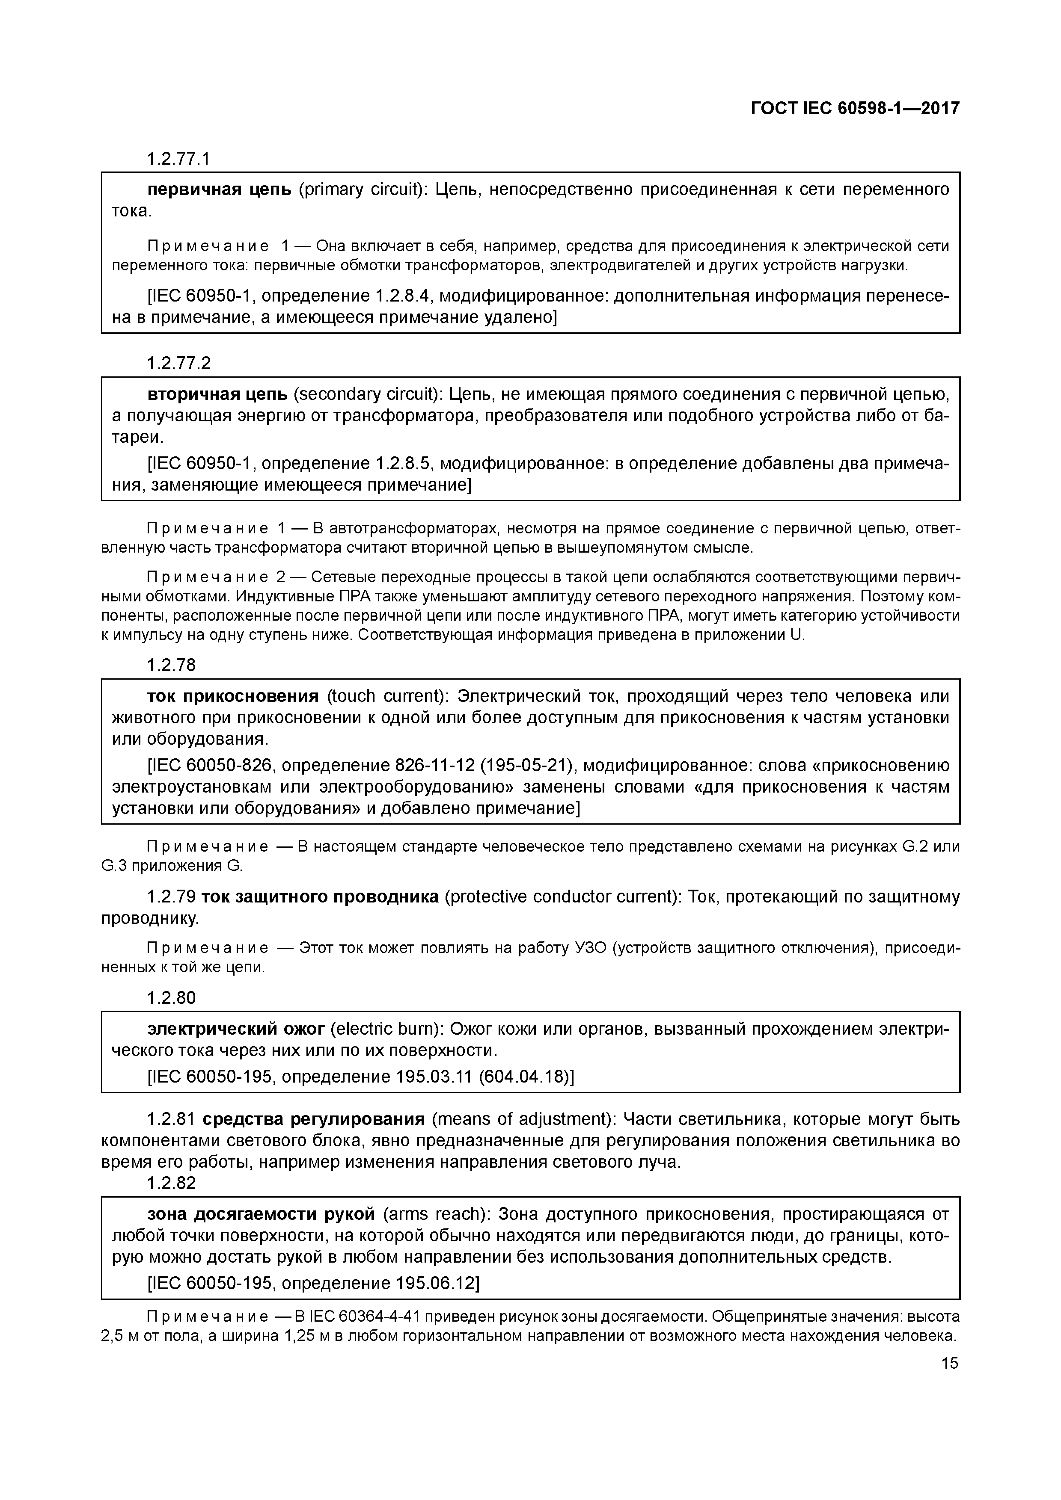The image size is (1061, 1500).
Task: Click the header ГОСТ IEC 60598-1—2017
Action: pyautogui.click(x=854, y=109)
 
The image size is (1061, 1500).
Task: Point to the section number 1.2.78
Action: pyautogui.click(x=171, y=665)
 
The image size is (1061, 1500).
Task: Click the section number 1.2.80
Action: pyautogui.click(x=171, y=997)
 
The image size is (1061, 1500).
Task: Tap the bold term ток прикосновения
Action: pyautogui.click(x=233, y=696)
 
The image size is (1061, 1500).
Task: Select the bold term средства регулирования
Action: pyautogui.click(x=313, y=1119)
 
